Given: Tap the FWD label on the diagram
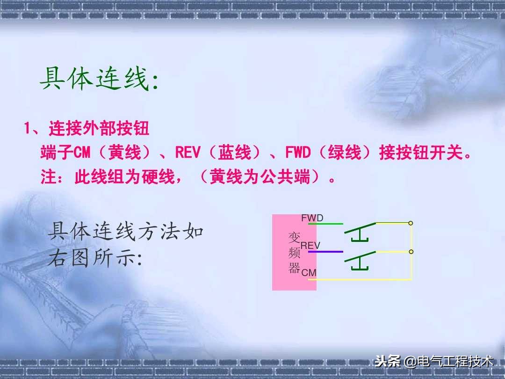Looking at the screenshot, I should [x=312, y=218].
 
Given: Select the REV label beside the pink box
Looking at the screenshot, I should [x=310, y=246].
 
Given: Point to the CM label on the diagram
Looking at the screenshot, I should [x=309, y=272].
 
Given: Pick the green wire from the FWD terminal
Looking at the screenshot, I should [x=325, y=224].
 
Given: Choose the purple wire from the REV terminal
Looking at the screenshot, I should [x=325, y=252].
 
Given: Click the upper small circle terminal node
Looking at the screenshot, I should [x=411, y=223].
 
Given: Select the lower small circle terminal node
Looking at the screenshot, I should [x=411, y=252].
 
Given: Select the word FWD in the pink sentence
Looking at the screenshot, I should [x=297, y=153].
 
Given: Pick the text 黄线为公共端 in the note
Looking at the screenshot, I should [x=264, y=177].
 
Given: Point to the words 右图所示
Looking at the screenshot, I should [x=94, y=258].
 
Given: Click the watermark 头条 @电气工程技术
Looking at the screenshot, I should [x=434, y=361].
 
